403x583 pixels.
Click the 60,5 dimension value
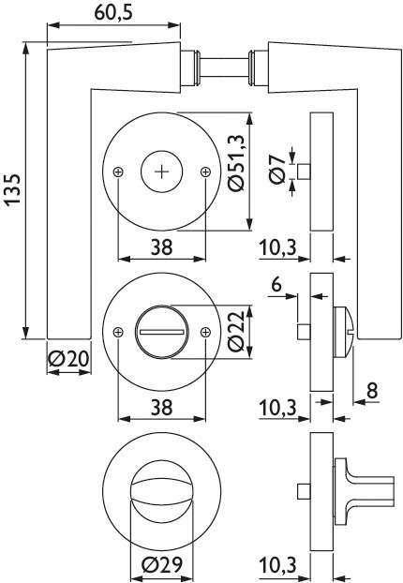[113, 12]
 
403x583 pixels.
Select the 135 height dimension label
[12, 189]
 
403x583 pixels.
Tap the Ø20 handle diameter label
[68, 359]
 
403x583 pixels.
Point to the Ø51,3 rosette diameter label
[237, 163]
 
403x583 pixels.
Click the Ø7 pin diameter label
[277, 169]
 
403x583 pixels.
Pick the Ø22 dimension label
[236, 331]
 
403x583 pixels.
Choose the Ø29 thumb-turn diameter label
[162, 565]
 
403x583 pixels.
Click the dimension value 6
[276, 285]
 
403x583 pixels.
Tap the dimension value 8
[372, 391]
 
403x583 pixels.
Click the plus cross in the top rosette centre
[162, 172]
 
